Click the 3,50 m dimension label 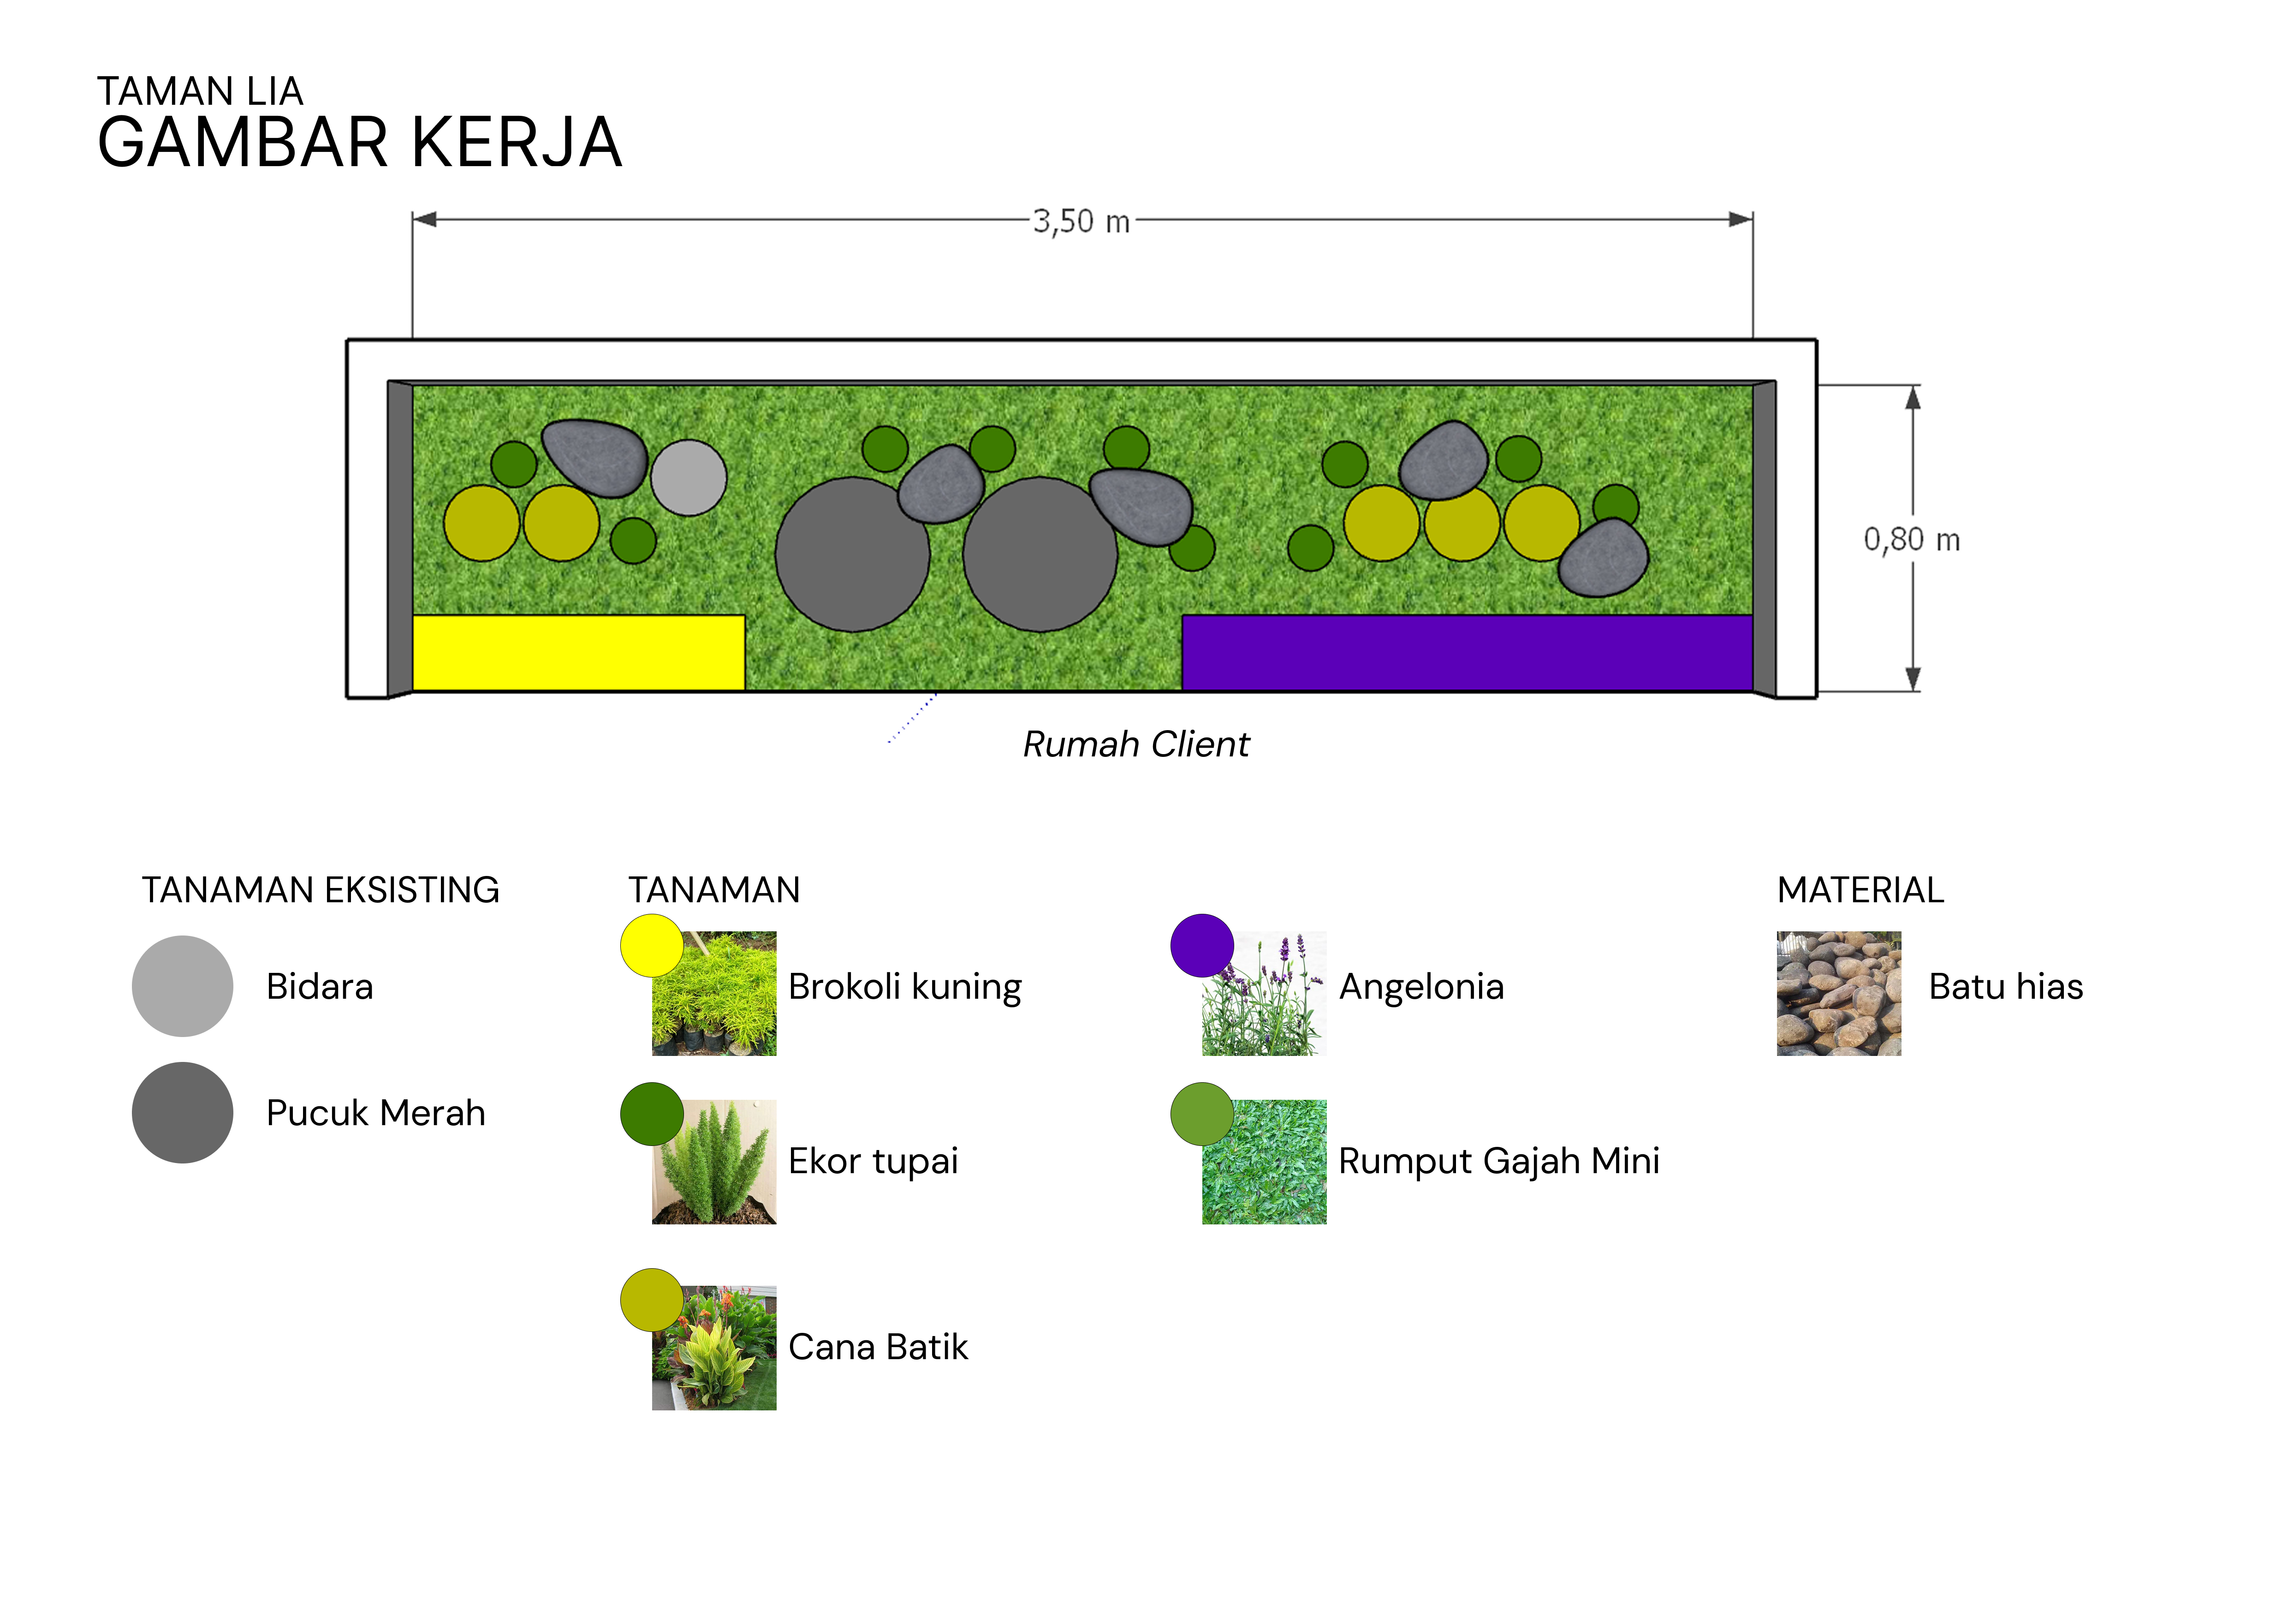1081,222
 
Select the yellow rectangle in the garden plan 578,653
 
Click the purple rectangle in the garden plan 1467,653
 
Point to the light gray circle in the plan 689,478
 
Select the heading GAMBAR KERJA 360,143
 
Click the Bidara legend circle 182,986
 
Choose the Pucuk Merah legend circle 182,1113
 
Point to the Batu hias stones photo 1839,994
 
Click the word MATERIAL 1860,890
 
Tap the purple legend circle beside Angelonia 1202,945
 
